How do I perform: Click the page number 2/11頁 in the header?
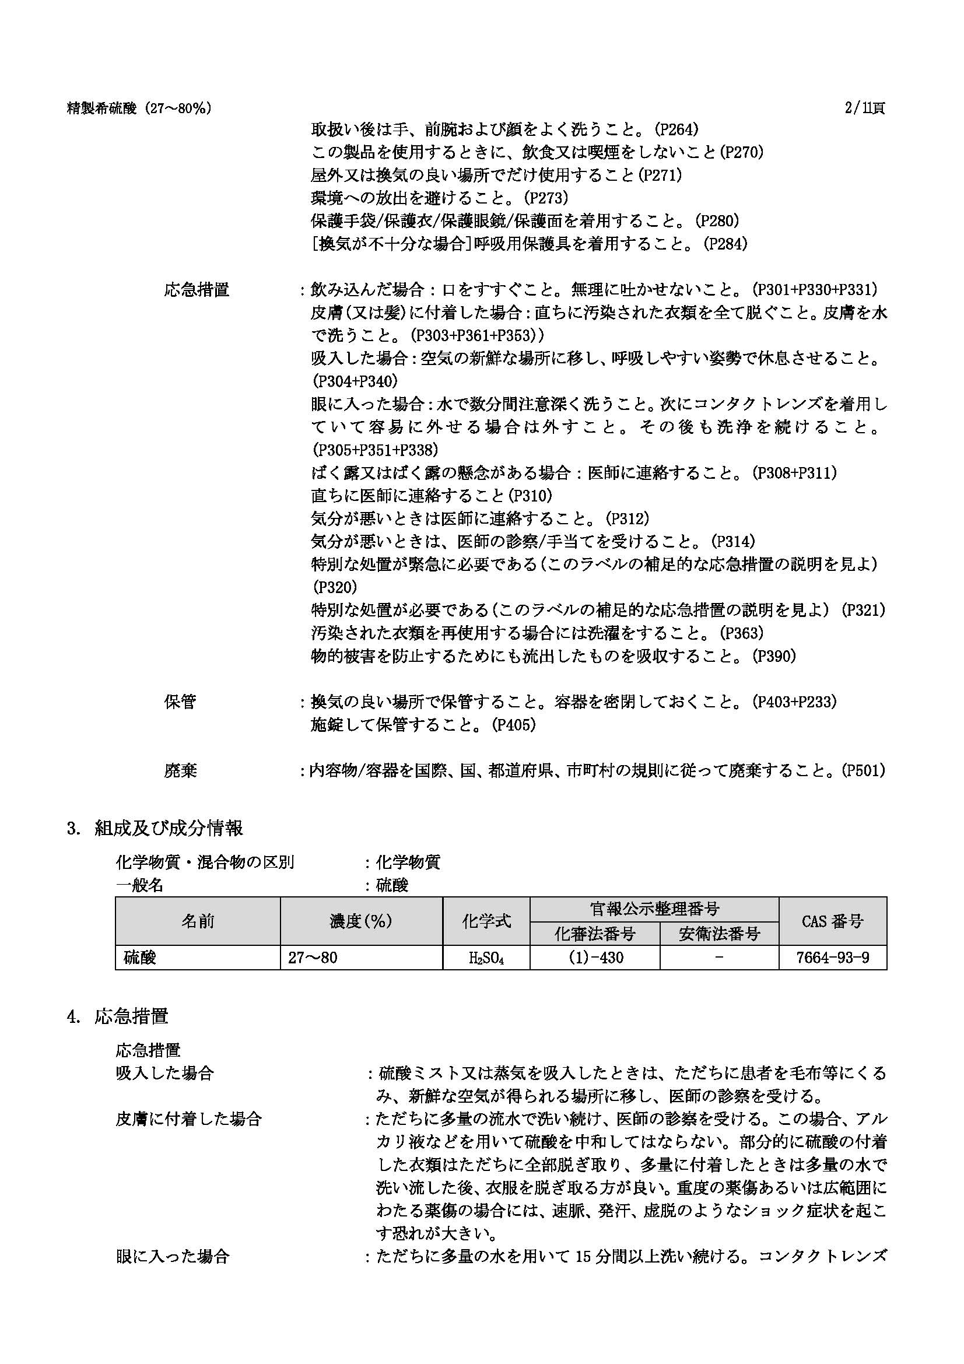[864, 108]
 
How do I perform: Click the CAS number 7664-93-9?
[832, 958]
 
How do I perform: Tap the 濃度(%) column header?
[360, 921]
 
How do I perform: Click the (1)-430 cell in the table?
[595, 958]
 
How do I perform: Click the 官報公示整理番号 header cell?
[654, 909]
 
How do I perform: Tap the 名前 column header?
[197, 921]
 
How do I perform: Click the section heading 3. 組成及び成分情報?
[155, 828]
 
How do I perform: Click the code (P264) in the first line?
[675, 129]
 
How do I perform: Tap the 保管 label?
[180, 702]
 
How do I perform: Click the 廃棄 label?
[180, 770]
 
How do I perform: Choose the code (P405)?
[513, 725]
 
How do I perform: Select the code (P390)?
[773, 656]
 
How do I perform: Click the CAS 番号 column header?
[832, 921]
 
